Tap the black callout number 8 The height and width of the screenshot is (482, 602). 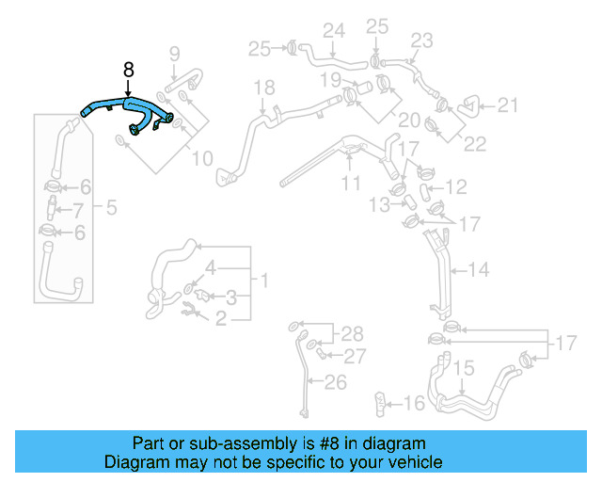point(128,70)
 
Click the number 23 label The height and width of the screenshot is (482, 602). point(421,40)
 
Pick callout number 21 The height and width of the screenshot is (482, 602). point(508,105)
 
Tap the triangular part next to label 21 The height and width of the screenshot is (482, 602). point(467,106)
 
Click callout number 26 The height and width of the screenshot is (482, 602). point(336,382)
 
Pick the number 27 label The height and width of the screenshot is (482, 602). point(355,356)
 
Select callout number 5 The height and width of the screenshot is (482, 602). point(111,207)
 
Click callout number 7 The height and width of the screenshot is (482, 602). point(78,209)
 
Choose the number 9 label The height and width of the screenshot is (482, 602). point(173,53)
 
